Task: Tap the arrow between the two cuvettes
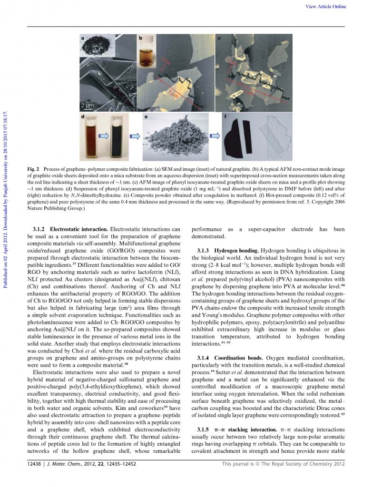105,136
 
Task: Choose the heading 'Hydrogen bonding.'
236,250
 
